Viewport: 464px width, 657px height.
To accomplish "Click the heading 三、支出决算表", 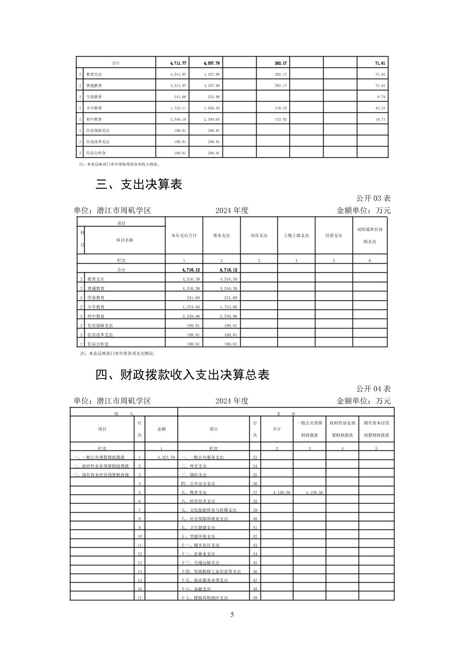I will [x=139, y=185].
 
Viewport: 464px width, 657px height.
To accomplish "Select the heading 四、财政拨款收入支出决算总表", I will [x=182, y=375].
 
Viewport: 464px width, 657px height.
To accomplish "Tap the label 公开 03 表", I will [x=373, y=198].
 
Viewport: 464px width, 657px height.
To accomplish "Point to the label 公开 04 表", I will [x=373, y=389].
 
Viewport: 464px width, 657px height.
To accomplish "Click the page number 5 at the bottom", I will [x=232, y=615].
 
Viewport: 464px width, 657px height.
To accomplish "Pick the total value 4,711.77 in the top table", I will [x=178, y=63].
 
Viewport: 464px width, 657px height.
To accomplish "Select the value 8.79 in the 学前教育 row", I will [x=381, y=97].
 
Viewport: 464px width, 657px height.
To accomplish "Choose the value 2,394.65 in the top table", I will [x=212, y=119].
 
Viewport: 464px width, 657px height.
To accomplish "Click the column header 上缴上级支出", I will [x=296, y=236].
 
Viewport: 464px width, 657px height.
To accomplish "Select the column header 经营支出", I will [x=334, y=236].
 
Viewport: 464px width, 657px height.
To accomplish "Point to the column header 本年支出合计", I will [x=184, y=236].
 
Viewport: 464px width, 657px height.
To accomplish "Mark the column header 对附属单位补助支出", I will [x=370, y=236].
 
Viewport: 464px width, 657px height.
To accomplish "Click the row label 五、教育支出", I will [x=194, y=493].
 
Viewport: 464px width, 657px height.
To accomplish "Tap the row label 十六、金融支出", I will [x=196, y=589].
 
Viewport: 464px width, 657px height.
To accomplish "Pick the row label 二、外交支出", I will [x=194, y=466].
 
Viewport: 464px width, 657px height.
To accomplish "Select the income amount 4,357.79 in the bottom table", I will [x=166, y=457].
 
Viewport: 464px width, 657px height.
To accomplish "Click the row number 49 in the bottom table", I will [x=255, y=598].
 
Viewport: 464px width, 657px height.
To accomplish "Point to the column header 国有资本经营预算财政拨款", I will [x=376, y=429].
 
